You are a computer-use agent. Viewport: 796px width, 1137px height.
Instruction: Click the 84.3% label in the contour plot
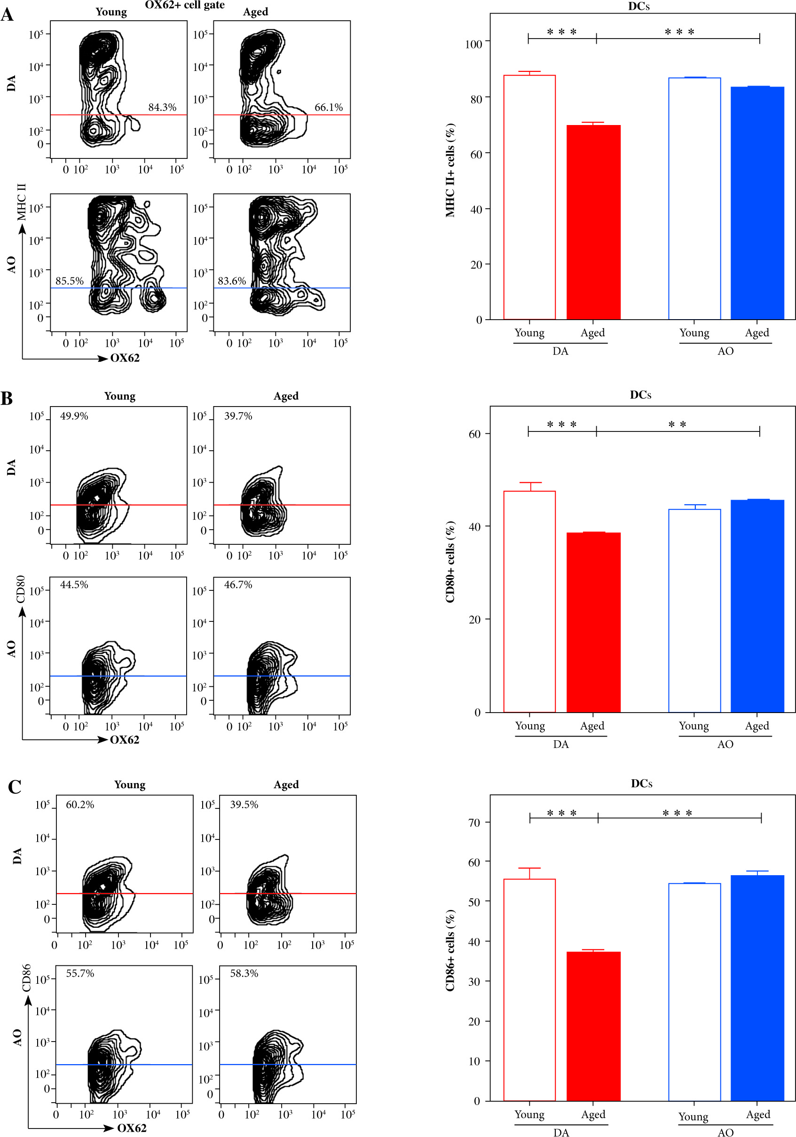(x=162, y=108)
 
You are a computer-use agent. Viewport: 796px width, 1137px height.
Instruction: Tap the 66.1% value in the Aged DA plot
(x=328, y=108)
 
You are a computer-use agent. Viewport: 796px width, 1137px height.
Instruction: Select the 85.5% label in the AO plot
(x=69, y=281)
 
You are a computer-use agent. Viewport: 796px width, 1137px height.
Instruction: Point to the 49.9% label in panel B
(x=74, y=416)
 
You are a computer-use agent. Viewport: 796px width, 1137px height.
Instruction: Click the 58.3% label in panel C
(x=244, y=973)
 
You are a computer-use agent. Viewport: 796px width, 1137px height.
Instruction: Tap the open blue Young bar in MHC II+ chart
(x=694, y=198)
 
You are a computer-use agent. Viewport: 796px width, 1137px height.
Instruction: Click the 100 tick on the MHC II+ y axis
(x=473, y=44)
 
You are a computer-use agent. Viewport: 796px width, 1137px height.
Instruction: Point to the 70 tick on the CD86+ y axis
(x=474, y=823)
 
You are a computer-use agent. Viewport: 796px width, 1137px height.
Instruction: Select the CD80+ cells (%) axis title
(x=450, y=562)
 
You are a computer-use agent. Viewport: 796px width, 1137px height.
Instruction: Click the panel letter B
(x=7, y=398)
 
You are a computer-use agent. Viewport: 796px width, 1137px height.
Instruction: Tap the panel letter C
(x=15, y=787)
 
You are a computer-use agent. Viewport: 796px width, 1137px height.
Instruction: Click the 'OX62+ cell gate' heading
(x=184, y=5)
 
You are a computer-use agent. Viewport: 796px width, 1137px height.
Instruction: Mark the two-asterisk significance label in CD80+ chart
(x=677, y=424)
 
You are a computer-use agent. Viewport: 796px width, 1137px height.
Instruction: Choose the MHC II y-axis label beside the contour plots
(x=21, y=202)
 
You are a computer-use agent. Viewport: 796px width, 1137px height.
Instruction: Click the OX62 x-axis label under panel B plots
(x=124, y=739)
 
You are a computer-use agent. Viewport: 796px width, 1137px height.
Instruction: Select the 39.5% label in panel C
(x=244, y=804)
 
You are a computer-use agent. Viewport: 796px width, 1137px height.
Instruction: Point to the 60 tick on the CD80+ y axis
(x=474, y=434)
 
